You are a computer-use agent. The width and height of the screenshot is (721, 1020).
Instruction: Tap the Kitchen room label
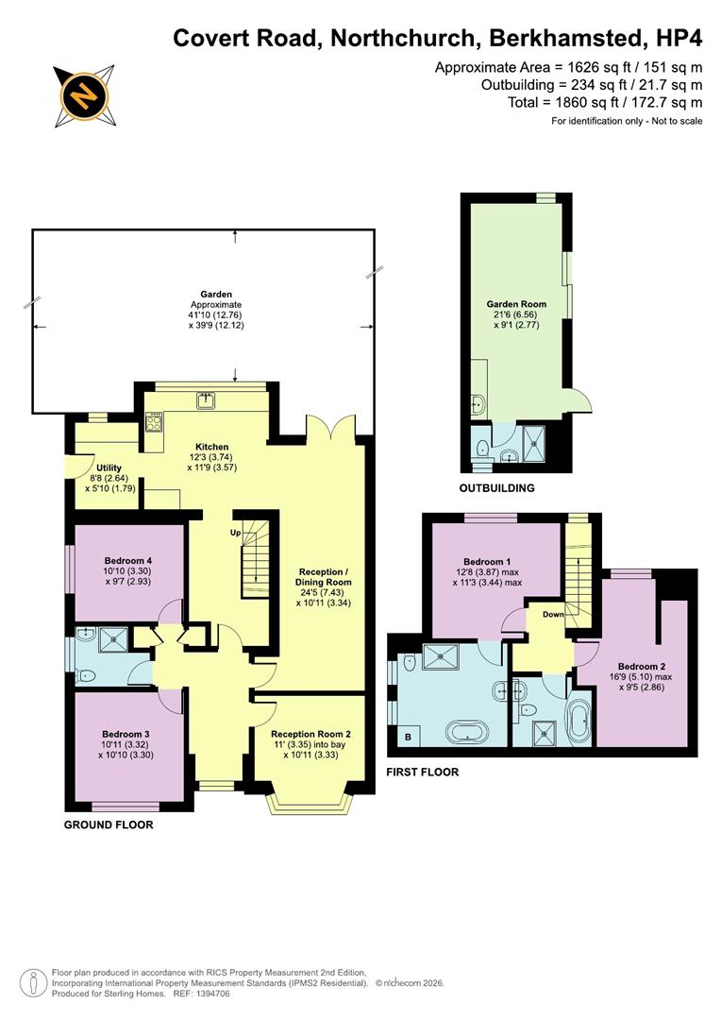(x=212, y=447)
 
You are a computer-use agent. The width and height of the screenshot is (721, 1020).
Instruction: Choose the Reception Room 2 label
(x=310, y=734)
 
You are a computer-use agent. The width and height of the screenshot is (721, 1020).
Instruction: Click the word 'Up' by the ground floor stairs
(x=236, y=533)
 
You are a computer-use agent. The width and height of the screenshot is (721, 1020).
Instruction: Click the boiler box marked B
(x=408, y=737)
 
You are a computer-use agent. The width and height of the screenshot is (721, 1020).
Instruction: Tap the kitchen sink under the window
(x=205, y=401)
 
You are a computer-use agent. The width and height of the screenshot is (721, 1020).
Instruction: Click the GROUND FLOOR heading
(x=109, y=824)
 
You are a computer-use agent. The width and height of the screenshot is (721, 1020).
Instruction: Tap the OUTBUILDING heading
(x=496, y=488)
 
